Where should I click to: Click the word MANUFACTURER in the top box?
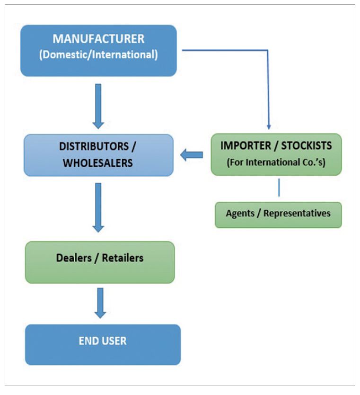pos(98,39)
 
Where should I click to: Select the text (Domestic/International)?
pos(98,54)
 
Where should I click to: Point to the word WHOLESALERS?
pos(97,163)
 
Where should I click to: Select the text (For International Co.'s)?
pos(276,162)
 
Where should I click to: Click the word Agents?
pos(241,214)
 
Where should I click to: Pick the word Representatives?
pos(297,214)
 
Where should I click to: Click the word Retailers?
pos(122,258)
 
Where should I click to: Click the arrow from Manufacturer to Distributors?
pos(98,106)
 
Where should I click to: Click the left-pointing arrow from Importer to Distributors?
pos(192,155)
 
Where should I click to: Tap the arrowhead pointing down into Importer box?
pos(269,126)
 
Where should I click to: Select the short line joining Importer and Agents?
pos(279,188)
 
